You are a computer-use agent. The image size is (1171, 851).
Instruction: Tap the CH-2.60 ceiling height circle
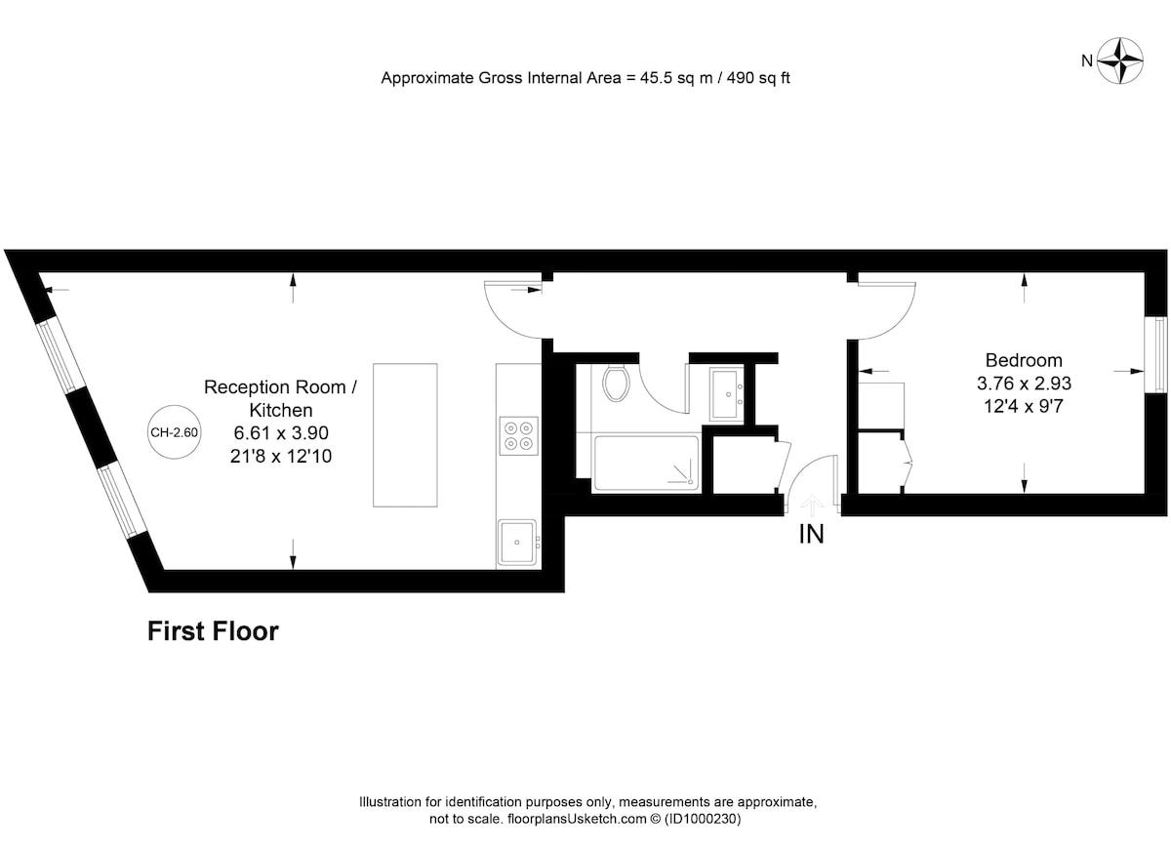tap(174, 432)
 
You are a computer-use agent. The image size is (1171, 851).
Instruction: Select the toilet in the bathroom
tap(617, 384)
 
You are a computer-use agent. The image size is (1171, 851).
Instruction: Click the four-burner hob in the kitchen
tap(518, 436)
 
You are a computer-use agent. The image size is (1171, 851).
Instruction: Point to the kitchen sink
tap(516, 543)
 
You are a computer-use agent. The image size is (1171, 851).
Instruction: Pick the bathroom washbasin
tap(727, 393)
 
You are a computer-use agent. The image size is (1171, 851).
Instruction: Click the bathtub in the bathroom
tap(646, 464)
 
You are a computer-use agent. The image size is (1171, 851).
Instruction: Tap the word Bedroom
tap(1024, 360)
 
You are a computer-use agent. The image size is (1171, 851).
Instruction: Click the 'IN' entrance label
tap(811, 534)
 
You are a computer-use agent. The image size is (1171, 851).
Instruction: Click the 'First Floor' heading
tap(213, 631)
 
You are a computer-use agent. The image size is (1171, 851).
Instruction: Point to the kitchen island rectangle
tap(405, 435)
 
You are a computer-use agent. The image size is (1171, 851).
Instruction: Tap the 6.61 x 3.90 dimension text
tap(281, 432)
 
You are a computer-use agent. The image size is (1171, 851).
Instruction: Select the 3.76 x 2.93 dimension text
tap(1024, 384)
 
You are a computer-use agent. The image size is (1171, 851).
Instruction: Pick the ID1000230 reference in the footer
tap(703, 819)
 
